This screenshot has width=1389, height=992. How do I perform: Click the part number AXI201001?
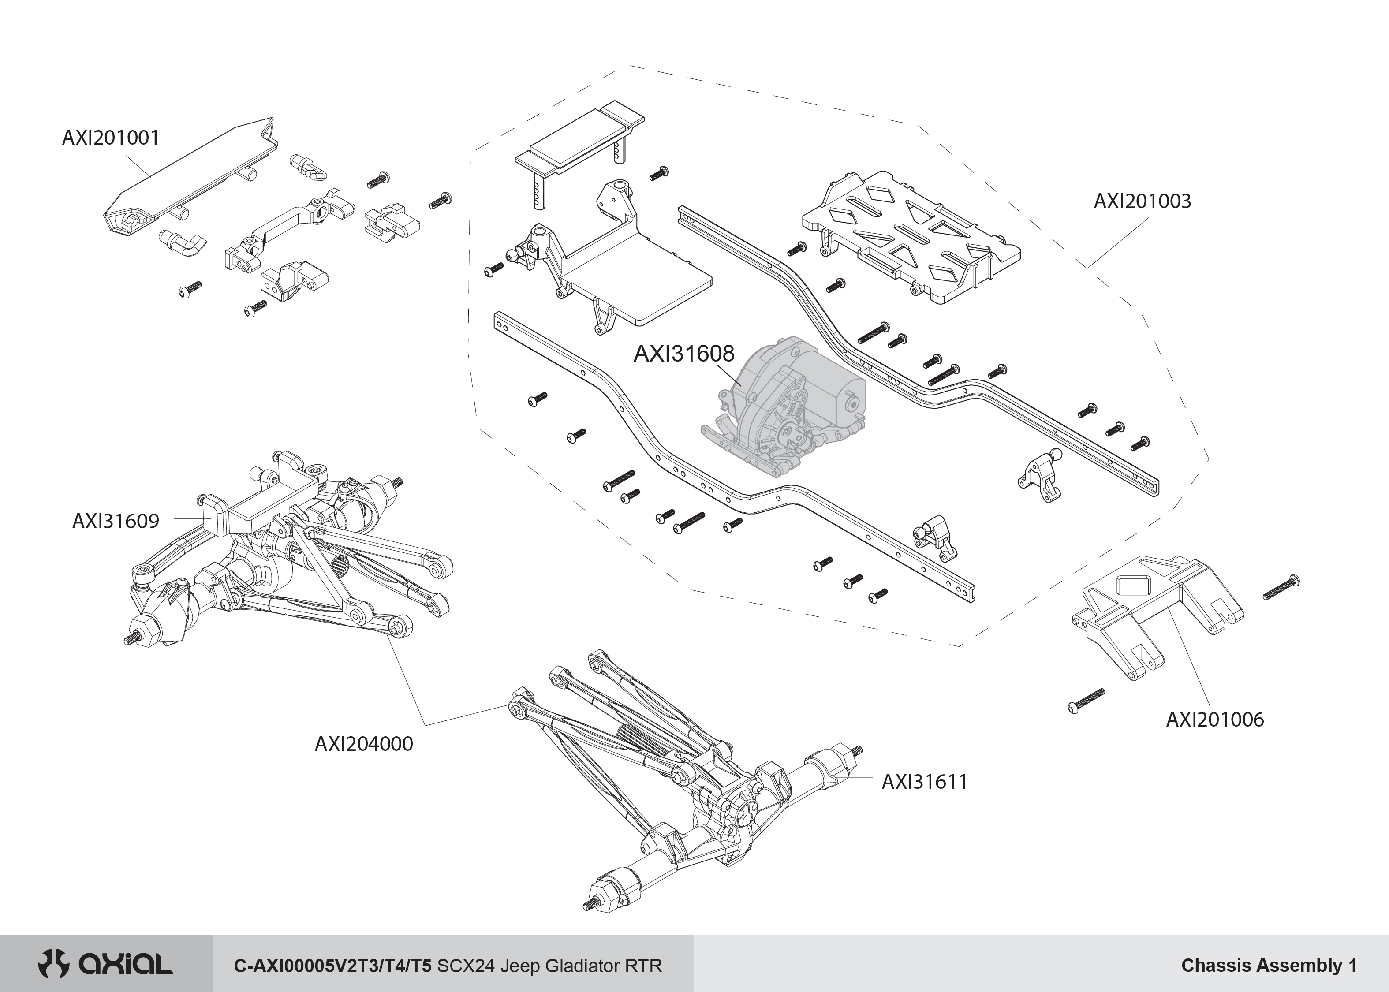[111, 138]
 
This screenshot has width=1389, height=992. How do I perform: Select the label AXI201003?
[1142, 201]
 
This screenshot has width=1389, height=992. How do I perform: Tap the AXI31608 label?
[683, 354]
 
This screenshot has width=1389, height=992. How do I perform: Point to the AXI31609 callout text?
[116, 521]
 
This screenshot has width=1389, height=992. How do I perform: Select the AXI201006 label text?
[1214, 720]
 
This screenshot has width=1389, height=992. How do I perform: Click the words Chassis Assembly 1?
[1269, 965]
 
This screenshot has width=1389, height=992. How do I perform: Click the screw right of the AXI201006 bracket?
[1280, 588]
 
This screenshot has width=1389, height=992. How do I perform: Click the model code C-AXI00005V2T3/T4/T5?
[333, 966]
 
